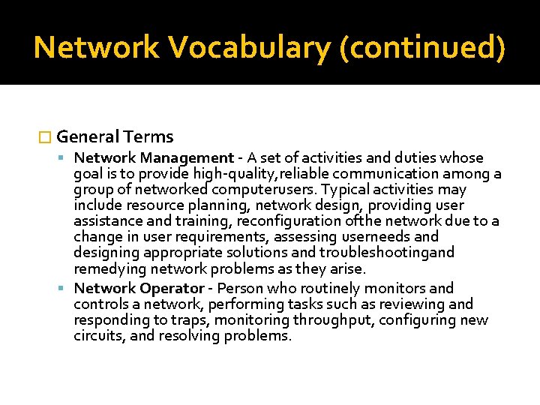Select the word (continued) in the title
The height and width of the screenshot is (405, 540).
click(x=422, y=47)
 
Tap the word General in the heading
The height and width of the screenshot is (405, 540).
click(x=88, y=136)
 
